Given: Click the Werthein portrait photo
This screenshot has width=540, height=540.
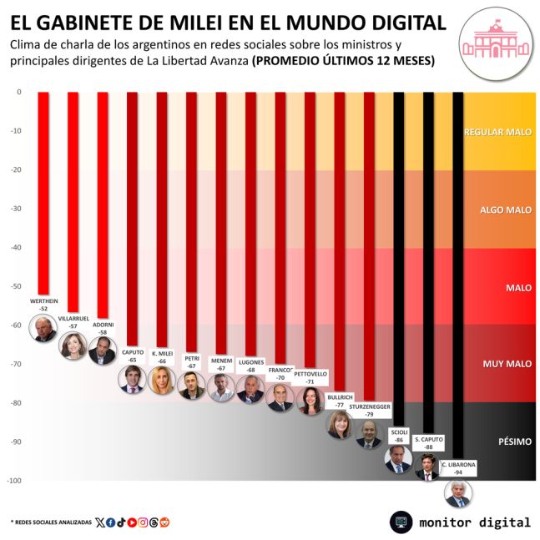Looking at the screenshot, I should coord(43,329).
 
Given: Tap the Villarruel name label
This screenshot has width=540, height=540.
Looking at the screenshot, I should coord(73,318).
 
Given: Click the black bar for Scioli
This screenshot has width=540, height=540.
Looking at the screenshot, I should coord(399,250).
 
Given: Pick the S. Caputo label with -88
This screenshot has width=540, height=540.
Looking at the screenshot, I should coord(428,442).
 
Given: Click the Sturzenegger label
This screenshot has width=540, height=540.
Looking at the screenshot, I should coord(368,409).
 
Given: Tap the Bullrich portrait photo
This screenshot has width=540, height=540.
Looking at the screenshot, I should coord(340,423).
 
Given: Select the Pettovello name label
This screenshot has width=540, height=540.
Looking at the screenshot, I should coord(310,377).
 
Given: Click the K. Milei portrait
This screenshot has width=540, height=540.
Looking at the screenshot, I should coord(161,380).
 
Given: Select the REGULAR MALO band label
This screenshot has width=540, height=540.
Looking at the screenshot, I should coord(497,132).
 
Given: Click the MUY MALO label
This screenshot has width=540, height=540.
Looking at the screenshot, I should coord(507,364).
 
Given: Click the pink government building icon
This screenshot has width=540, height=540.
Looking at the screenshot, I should coord(497,36).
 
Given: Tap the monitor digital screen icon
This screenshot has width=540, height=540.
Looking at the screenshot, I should coord(401,522).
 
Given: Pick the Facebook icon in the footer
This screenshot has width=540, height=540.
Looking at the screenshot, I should coord(111,522).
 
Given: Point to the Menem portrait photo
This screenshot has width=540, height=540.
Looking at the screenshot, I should coord(221,388).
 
